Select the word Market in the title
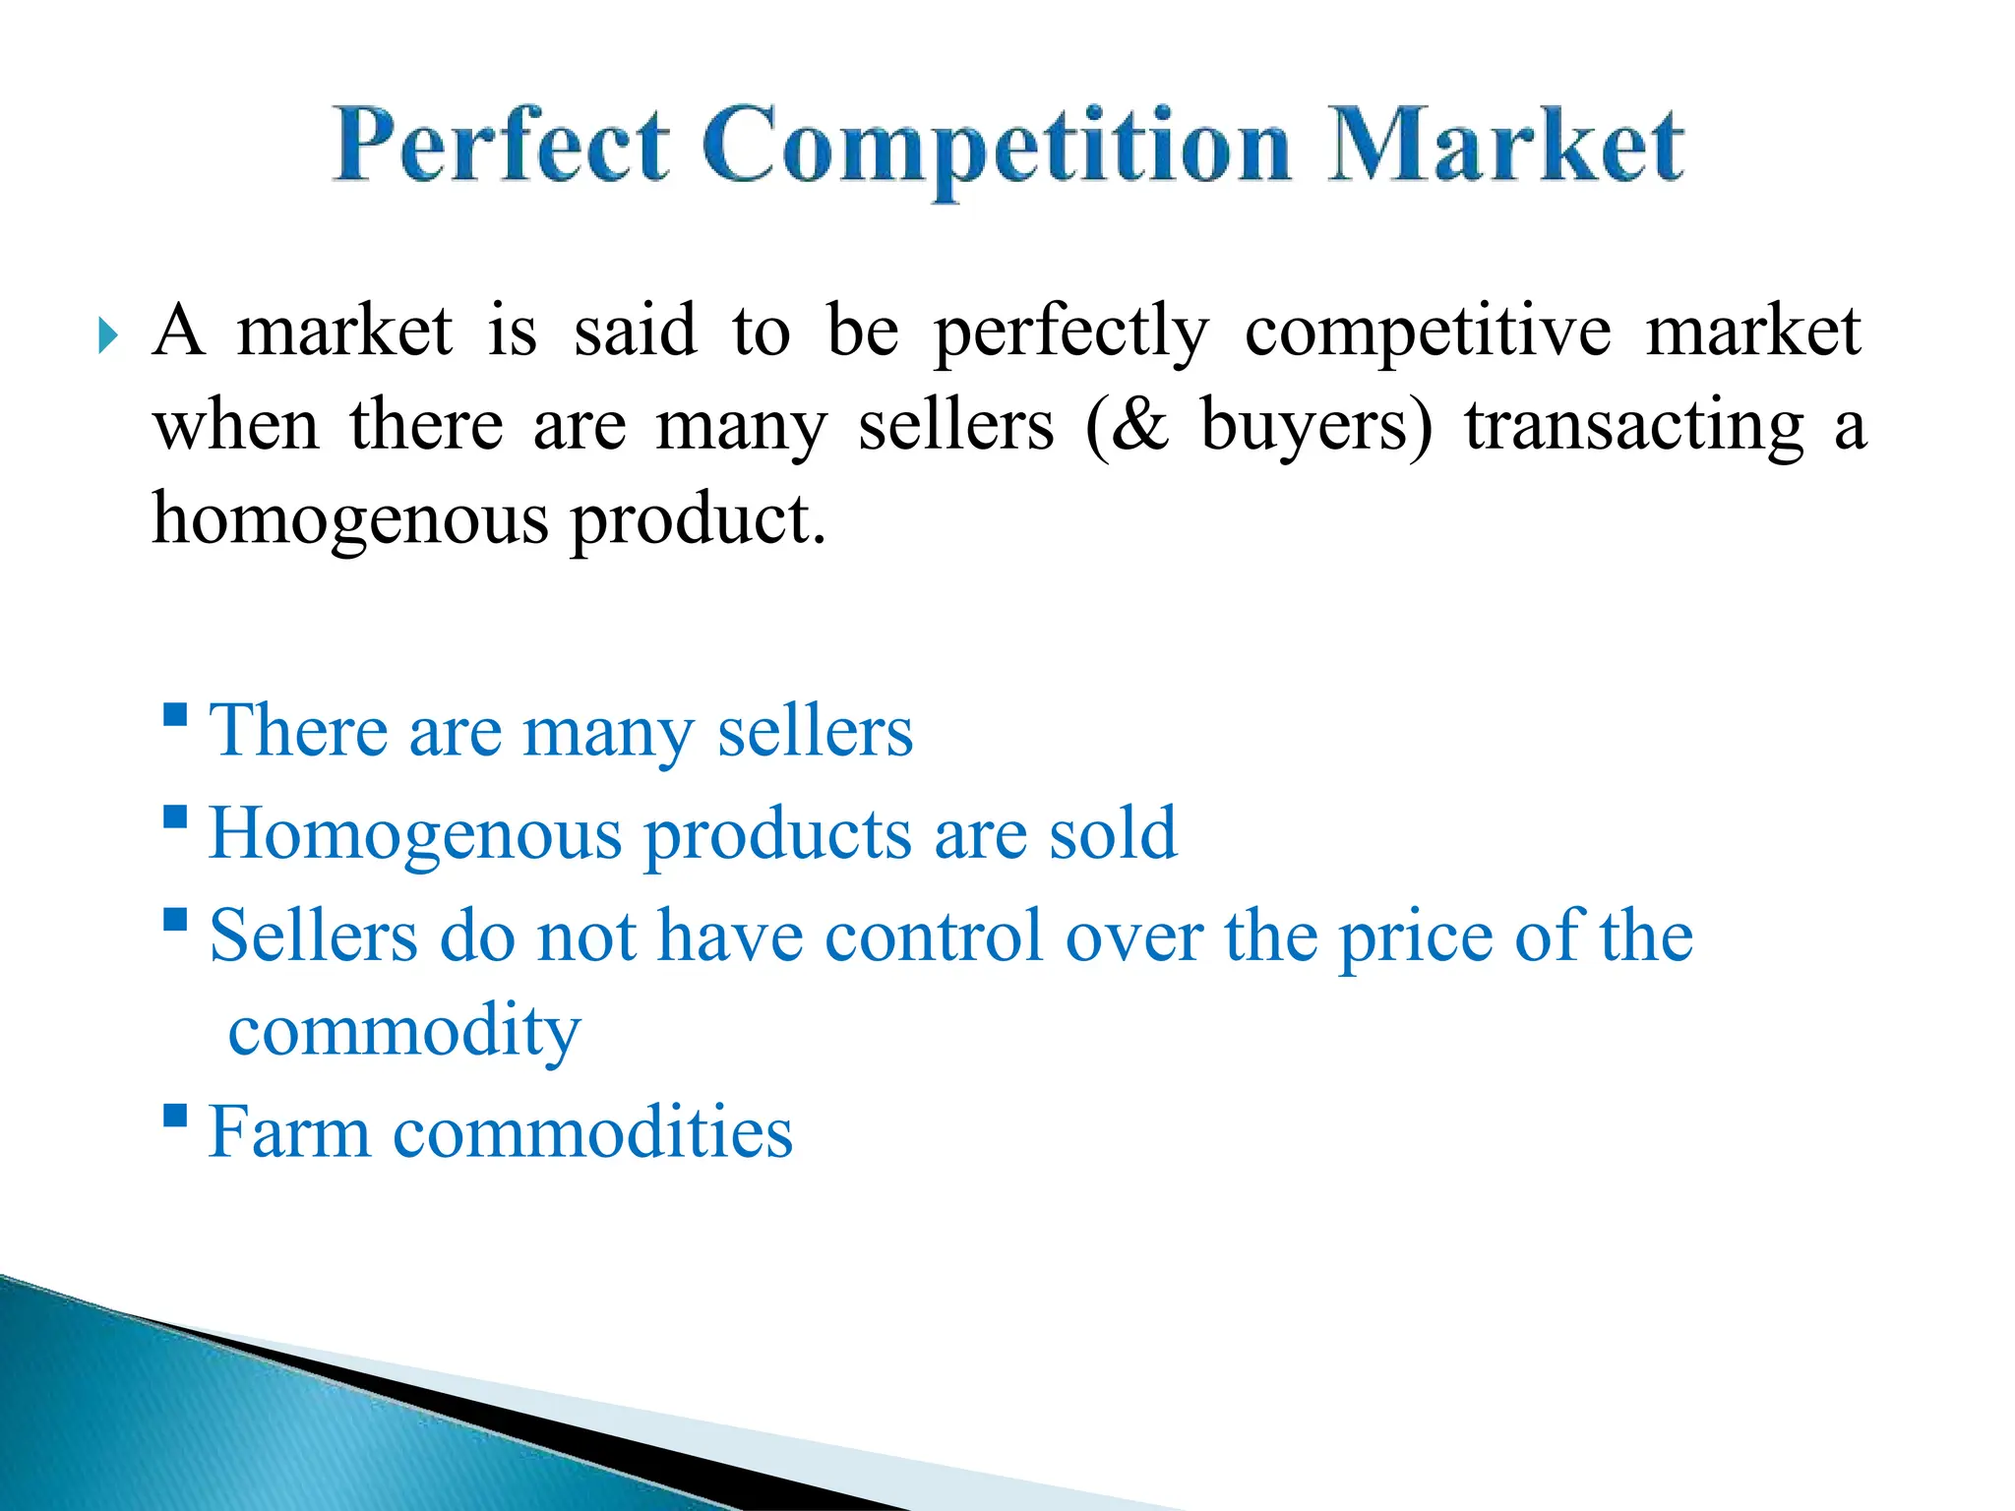pyautogui.click(x=1505, y=148)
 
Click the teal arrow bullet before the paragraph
pyautogui.click(x=108, y=336)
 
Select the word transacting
pyautogui.click(x=1634, y=427)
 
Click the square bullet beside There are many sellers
pyautogui.click(x=175, y=713)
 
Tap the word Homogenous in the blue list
pyautogui.click(x=414, y=834)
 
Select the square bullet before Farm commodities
pyautogui.click(x=175, y=1115)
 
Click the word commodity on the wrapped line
pyautogui.click(x=404, y=1033)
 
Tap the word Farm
pyautogui.click(x=289, y=1133)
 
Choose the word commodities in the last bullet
pyautogui.click(x=592, y=1133)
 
